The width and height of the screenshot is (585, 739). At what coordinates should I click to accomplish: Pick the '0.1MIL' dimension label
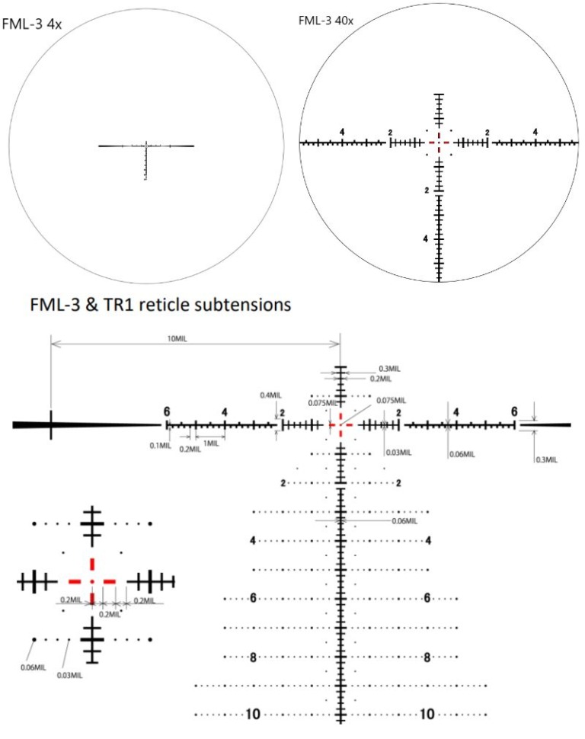pos(160,445)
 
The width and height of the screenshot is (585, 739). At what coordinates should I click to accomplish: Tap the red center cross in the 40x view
pos(438,142)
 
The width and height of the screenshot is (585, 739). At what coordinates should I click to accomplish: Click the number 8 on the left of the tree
pos(253,656)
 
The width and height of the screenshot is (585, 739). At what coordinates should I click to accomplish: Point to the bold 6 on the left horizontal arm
pos(166,411)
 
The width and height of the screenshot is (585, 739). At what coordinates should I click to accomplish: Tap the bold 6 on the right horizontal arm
pos(514,411)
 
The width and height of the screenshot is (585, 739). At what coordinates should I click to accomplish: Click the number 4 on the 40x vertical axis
pos(427,238)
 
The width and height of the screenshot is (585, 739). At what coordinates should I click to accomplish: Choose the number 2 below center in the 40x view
pos(427,190)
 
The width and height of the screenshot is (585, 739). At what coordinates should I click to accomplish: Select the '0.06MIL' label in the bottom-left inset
pos(30,667)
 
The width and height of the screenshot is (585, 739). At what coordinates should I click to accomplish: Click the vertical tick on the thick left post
pos(51,424)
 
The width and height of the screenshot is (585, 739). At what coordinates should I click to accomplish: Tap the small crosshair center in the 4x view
pos(145,145)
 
